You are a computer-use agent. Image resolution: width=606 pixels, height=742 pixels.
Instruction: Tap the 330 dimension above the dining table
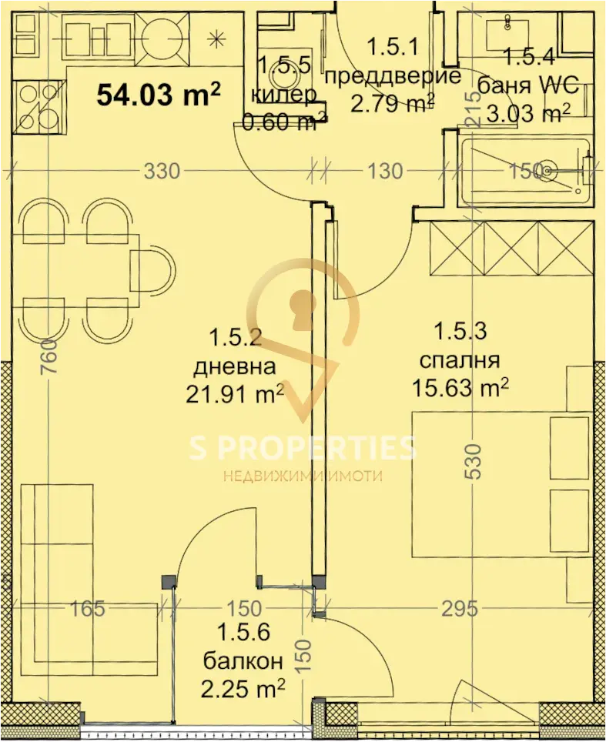[162, 171]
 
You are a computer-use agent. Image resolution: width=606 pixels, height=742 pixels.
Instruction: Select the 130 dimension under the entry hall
[385, 171]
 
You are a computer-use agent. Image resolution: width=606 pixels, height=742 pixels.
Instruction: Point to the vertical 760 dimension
[49, 356]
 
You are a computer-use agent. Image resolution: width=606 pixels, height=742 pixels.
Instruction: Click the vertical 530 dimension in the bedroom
[474, 461]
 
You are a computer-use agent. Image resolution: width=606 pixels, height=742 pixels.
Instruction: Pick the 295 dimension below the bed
[460, 609]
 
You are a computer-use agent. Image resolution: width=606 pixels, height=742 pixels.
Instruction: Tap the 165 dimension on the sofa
[88, 609]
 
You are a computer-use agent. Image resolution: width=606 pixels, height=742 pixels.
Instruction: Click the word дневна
[236, 366]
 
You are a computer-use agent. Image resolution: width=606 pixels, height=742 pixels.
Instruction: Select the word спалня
[460, 360]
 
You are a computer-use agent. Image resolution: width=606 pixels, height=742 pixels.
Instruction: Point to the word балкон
[243, 661]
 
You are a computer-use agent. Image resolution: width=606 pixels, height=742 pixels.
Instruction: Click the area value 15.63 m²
[460, 389]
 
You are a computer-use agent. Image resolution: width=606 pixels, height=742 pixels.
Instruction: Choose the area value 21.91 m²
[236, 394]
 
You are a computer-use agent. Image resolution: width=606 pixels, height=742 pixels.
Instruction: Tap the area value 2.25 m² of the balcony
[243, 689]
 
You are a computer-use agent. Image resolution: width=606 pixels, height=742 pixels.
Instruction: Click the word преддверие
[393, 76]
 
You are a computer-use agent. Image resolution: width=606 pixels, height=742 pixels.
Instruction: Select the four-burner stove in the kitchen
[34, 108]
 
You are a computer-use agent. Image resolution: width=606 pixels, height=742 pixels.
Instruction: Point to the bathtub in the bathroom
[525, 172]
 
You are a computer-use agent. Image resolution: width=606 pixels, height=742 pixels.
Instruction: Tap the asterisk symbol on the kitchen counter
[216, 38]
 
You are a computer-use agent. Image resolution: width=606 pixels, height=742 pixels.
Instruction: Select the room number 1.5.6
[243, 633]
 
